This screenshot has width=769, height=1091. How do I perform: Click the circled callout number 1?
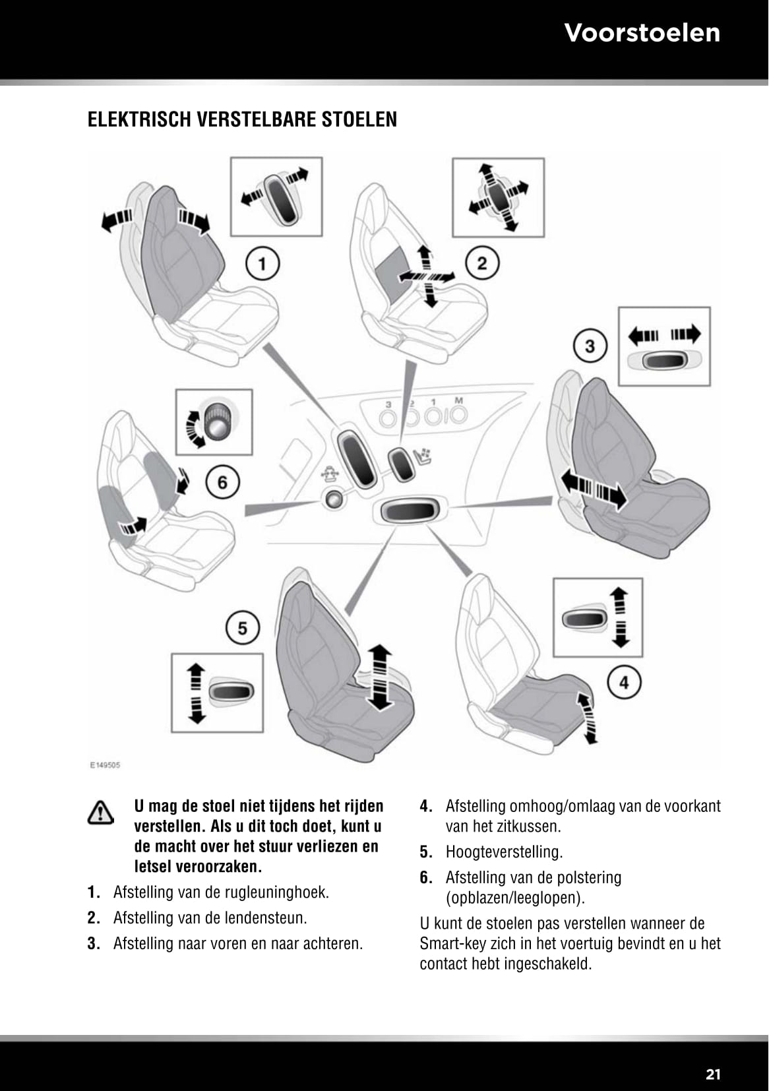click(x=262, y=265)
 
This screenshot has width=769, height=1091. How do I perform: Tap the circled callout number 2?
click(x=482, y=264)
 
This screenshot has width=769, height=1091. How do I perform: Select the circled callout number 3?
click(x=590, y=346)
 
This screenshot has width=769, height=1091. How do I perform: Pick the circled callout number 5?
click(x=243, y=628)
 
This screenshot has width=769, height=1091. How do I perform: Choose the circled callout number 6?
click(x=222, y=483)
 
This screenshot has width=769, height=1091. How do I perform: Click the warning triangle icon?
click(x=101, y=813)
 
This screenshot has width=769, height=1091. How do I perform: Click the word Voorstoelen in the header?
click(x=642, y=32)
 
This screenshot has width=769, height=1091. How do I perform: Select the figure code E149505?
click(x=105, y=766)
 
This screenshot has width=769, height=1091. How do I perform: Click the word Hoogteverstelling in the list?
click(x=503, y=852)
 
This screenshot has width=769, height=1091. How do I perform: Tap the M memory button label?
click(x=458, y=401)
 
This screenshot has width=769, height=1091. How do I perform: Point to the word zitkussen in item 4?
click(x=526, y=826)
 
